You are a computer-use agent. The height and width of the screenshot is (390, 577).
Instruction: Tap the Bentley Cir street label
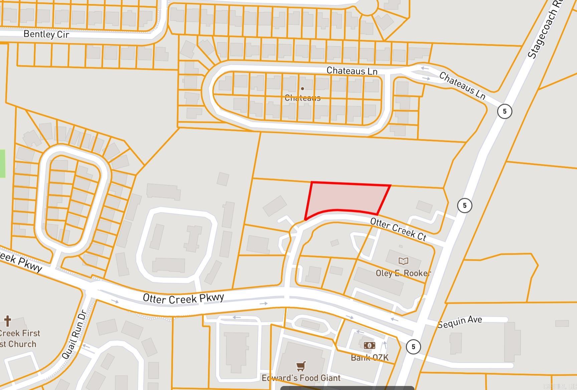point(46,34)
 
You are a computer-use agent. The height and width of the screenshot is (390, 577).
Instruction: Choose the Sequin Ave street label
point(460,321)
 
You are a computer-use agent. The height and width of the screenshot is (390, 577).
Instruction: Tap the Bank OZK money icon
point(369,345)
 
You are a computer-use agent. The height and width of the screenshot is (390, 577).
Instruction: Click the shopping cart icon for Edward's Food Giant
point(301,366)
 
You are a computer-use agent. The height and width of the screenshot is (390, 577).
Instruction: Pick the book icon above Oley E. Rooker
point(403,261)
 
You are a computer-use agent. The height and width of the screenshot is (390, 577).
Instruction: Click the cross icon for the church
point(7,321)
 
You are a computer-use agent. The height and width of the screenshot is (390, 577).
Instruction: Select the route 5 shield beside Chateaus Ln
point(504,111)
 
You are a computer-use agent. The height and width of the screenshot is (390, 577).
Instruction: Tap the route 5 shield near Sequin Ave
point(413,347)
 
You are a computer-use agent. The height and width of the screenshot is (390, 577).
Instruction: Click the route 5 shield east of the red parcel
point(464,205)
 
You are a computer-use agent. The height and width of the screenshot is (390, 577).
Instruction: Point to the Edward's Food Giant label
point(301,378)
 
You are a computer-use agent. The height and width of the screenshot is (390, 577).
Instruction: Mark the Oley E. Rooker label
point(403,273)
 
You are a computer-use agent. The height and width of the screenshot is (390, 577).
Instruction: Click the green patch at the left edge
point(2,164)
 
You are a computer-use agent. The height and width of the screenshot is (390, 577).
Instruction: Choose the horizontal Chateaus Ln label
point(352,71)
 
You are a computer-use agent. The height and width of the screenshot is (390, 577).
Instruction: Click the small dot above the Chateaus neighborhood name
point(303,89)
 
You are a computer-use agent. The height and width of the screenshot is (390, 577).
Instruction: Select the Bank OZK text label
point(370,358)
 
